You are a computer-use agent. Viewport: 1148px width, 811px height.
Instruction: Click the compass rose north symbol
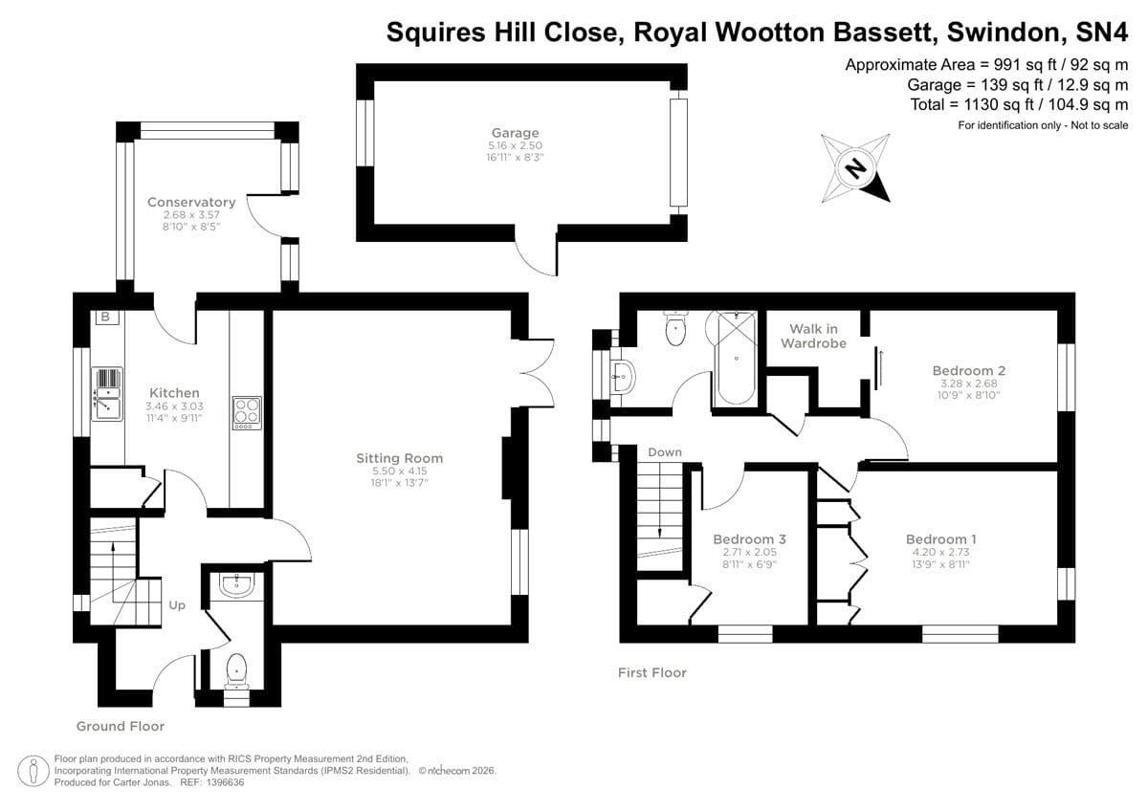click(x=855, y=168)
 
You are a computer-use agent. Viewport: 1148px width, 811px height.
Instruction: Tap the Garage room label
click(x=516, y=133)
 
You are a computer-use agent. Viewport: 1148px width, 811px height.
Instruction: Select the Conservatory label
click(x=191, y=202)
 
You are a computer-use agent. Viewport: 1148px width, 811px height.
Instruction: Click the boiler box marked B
click(x=105, y=317)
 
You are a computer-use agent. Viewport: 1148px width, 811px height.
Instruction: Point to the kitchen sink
click(x=107, y=393)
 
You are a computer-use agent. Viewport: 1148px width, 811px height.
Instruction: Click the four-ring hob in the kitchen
click(x=247, y=413)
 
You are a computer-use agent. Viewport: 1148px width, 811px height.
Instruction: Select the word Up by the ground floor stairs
click(x=177, y=604)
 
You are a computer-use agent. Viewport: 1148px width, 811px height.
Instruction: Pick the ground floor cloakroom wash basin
click(x=235, y=584)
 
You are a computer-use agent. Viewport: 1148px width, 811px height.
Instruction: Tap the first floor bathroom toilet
click(x=676, y=330)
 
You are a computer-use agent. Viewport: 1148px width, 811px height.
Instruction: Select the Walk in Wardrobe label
click(x=813, y=336)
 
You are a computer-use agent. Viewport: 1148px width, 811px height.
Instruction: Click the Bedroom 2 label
click(x=968, y=370)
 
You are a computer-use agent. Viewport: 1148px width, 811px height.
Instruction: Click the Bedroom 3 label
click(x=744, y=539)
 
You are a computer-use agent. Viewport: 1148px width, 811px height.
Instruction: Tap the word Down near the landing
click(x=664, y=451)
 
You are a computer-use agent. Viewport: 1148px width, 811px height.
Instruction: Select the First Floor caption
click(x=651, y=673)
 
